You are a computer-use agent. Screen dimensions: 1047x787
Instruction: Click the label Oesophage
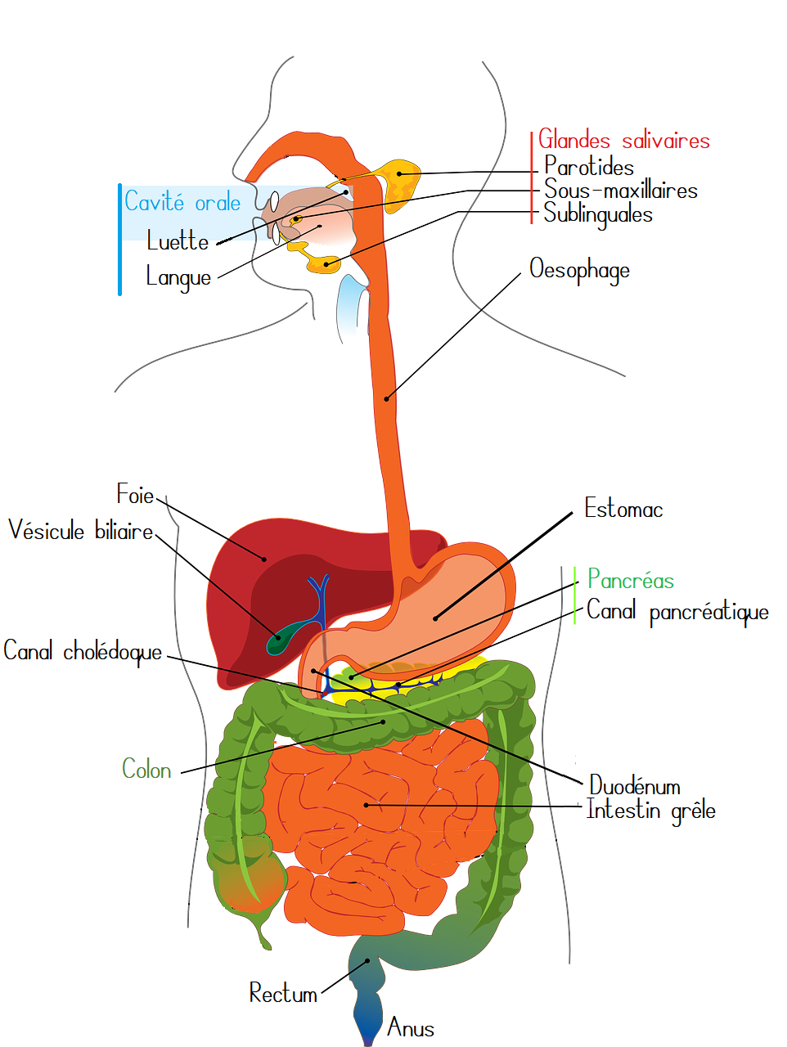click(x=579, y=269)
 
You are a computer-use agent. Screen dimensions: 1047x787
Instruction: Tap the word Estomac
click(x=623, y=510)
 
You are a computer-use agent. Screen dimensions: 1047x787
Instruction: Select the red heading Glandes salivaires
click(x=623, y=141)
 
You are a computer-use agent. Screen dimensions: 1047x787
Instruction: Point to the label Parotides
click(x=589, y=167)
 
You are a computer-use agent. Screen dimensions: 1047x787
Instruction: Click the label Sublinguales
click(x=598, y=215)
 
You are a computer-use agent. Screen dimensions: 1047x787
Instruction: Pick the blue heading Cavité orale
click(x=182, y=201)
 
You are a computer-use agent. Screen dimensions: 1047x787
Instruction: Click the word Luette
click(x=178, y=240)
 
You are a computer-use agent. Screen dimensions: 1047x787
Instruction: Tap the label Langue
click(x=178, y=277)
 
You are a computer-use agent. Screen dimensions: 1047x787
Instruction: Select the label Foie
click(x=135, y=494)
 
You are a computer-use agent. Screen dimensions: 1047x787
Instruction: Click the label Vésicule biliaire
click(x=81, y=531)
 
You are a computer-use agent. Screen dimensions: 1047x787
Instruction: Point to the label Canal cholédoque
click(x=83, y=652)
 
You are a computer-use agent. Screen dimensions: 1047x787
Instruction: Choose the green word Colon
click(x=146, y=770)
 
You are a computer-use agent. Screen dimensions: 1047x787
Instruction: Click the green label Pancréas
click(x=631, y=581)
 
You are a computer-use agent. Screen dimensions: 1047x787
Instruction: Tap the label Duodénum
click(x=635, y=786)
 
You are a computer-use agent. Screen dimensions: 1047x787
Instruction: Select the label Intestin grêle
click(x=651, y=811)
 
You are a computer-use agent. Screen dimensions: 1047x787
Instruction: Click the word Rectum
click(x=283, y=994)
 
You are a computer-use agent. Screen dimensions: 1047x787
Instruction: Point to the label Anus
click(x=411, y=1027)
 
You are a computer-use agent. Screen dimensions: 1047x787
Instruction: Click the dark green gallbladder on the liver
click(x=281, y=640)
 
